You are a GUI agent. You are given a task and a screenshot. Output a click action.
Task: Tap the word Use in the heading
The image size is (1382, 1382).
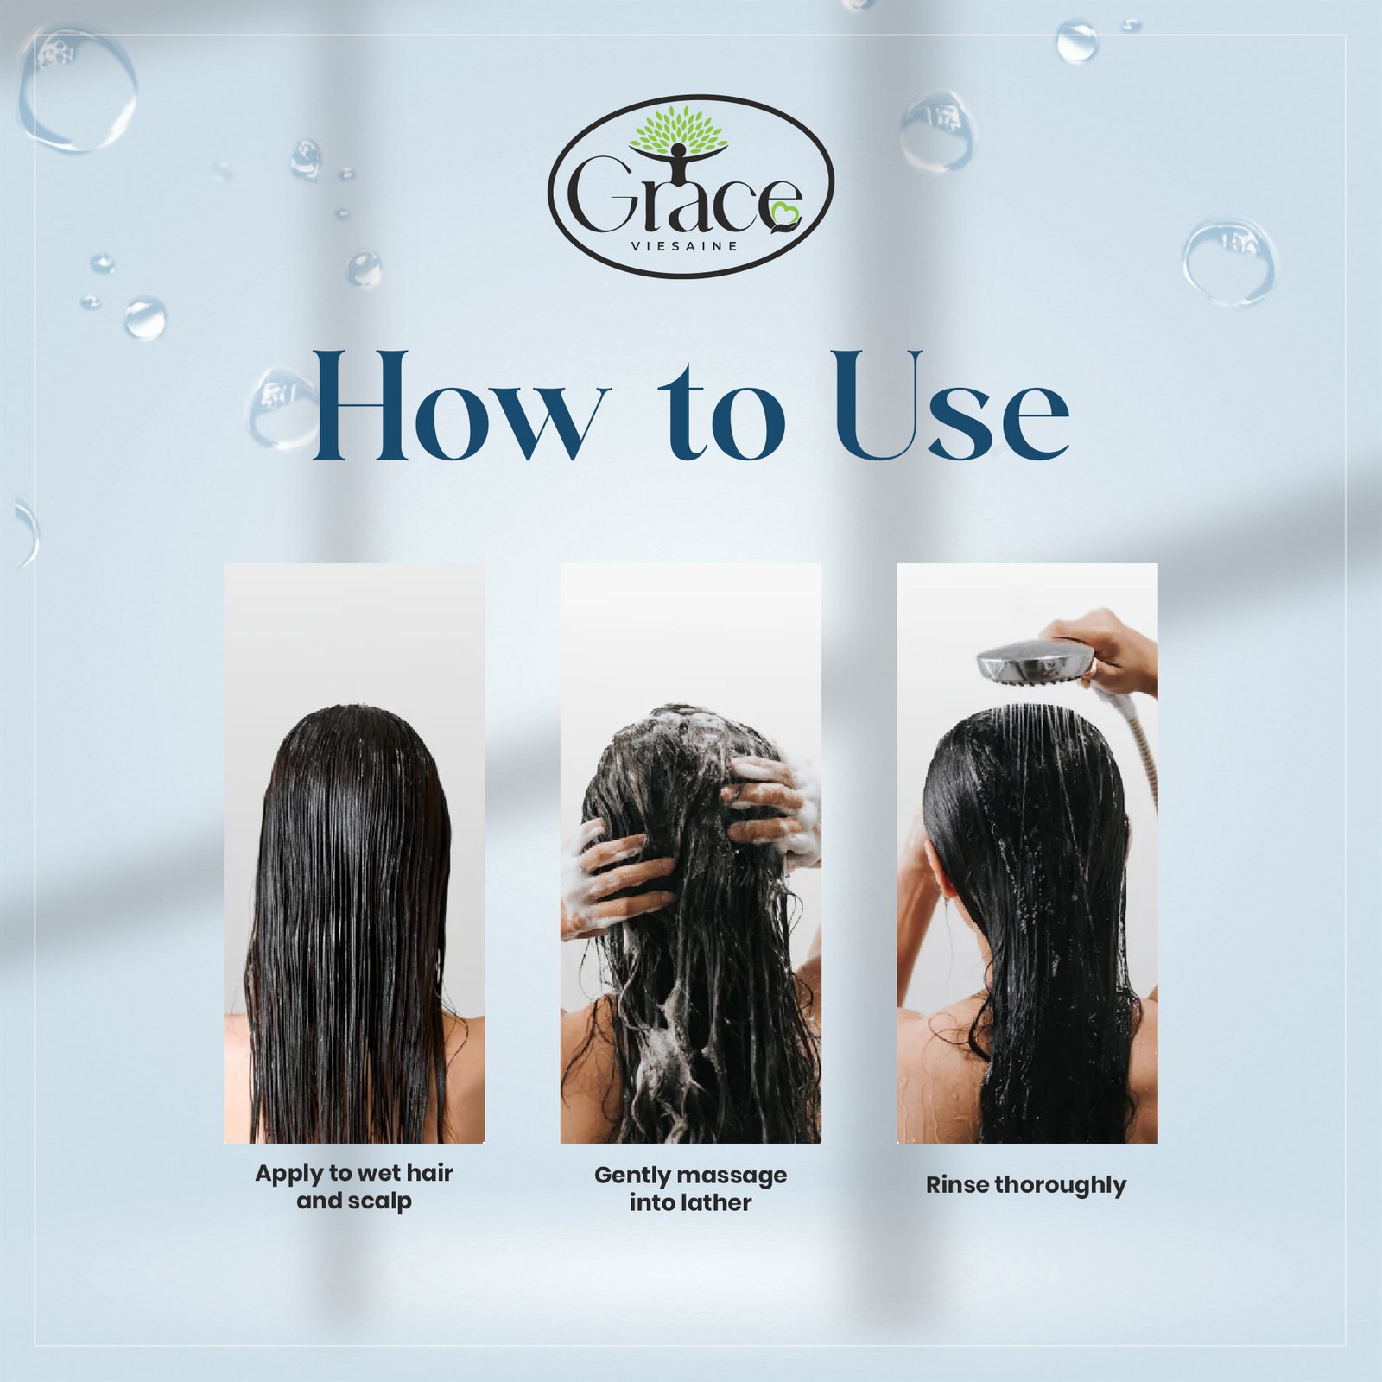pos(950,406)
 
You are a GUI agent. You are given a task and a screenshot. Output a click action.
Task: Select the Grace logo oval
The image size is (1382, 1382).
pos(691,186)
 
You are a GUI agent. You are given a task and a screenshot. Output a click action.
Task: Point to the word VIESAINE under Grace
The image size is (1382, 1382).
pos(685,246)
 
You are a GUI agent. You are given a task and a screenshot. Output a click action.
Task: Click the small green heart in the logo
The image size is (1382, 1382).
pos(786,215)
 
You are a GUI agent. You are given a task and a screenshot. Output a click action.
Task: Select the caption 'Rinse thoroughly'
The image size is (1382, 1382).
pos(1026,1185)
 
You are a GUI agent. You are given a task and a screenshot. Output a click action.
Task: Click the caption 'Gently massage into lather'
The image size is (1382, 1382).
pos(690,1189)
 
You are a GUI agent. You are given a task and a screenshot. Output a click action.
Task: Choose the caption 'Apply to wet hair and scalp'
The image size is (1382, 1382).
pos(354,1187)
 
